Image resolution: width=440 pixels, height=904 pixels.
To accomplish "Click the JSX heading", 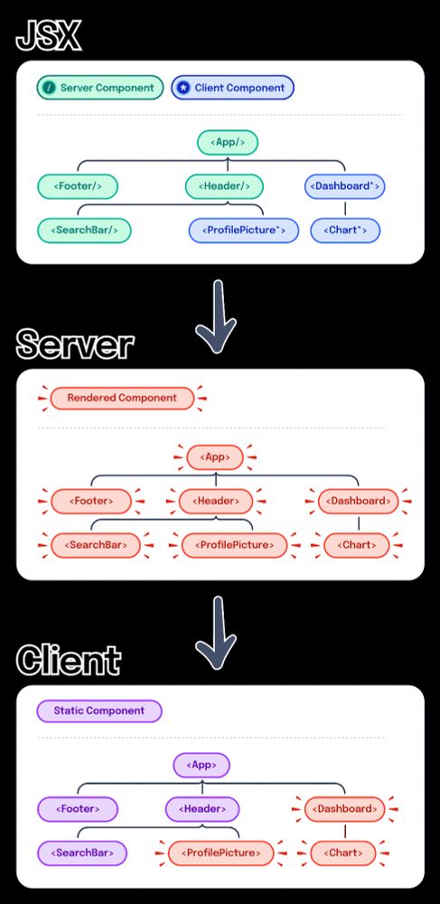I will pyautogui.click(x=48, y=37).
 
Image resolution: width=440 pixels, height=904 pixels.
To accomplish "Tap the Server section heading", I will pyautogui.click(x=75, y=344).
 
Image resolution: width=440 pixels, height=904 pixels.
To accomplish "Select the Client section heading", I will pyautogui.click(x=68, y=660).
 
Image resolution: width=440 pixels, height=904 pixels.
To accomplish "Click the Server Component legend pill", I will pyautogui.click(x=100, y=88).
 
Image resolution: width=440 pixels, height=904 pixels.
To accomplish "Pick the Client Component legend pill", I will pyautogui.click(x=232, y=88).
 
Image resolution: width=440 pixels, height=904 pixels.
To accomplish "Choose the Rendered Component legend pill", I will pyautogui.click(x=121, y=398).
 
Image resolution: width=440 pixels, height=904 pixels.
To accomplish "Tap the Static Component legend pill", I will pyautogui.click(x=98, y=711).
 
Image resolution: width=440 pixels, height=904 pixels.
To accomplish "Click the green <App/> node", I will pyautogui.click(x=228, y=142).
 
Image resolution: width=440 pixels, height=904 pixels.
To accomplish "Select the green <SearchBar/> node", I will pyautogui.click(x=84, y=231).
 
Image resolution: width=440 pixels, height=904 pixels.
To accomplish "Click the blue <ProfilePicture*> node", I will pyautogui.click(x=243, y=231).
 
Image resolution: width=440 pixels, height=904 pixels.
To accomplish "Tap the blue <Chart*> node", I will pyautogui.click(x=345, y=231).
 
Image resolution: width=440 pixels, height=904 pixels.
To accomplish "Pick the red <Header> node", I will pyautogui.click(x=215, y=500).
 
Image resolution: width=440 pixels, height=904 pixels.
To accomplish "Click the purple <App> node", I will pyautogui.click(x=201, y=765).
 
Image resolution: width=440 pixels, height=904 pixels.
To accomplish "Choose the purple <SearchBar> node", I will pyautogui.click(x=81, y=852).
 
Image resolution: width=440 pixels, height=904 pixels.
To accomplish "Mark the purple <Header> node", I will pyautogui.click(x=202, y=808).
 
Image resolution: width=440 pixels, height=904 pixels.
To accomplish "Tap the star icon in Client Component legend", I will pyautogui.click(x=183, y=88).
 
